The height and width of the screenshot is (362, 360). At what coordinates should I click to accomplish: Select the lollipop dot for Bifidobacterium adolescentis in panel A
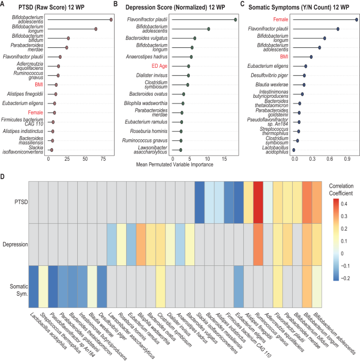coord(111,19)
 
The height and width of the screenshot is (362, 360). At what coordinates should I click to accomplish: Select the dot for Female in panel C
coord(356,19)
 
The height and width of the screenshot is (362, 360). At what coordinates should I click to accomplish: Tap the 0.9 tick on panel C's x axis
coord(348,158)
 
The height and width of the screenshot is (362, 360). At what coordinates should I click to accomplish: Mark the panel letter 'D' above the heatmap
coord(4,177)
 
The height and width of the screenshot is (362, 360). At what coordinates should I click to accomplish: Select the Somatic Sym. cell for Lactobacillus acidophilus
coord(33,286)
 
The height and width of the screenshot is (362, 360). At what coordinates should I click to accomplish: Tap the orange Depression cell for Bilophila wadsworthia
coord(141,244)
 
